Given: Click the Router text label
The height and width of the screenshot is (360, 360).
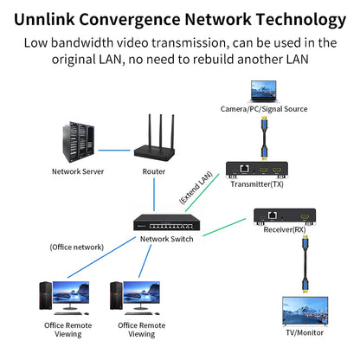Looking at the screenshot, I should [x=153, y=171].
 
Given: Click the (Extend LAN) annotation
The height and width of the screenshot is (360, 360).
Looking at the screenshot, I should [x=196, y=188].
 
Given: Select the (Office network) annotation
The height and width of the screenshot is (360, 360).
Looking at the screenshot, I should [x=76, y=247].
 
